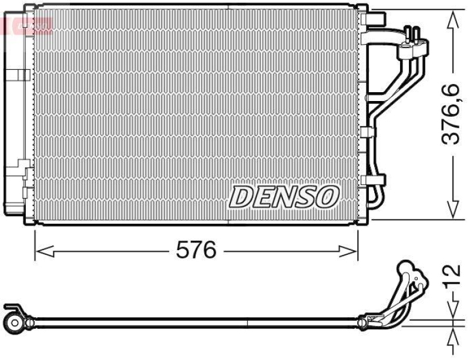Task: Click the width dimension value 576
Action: tap(196, 251)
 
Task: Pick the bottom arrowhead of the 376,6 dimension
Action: tap(452, 211)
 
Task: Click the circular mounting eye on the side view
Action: tap(14, 321)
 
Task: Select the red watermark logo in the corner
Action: tap(26, 25)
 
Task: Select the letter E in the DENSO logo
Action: tap(262, 197)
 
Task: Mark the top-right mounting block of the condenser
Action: tap(371, 18)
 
